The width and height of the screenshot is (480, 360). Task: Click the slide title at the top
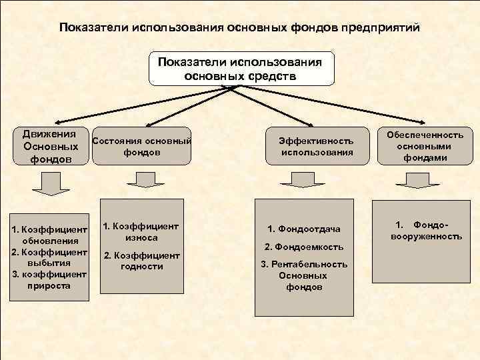239,29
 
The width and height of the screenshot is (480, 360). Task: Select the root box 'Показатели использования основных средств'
240,69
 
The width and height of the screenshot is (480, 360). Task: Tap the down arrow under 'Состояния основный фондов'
141,179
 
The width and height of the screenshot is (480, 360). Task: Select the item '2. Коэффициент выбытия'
50,257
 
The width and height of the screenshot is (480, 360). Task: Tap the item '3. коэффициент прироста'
50,279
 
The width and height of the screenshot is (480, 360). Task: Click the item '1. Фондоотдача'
304,229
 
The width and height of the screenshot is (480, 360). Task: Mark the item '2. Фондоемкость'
304,247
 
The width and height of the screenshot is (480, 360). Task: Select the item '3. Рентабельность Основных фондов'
304,275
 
